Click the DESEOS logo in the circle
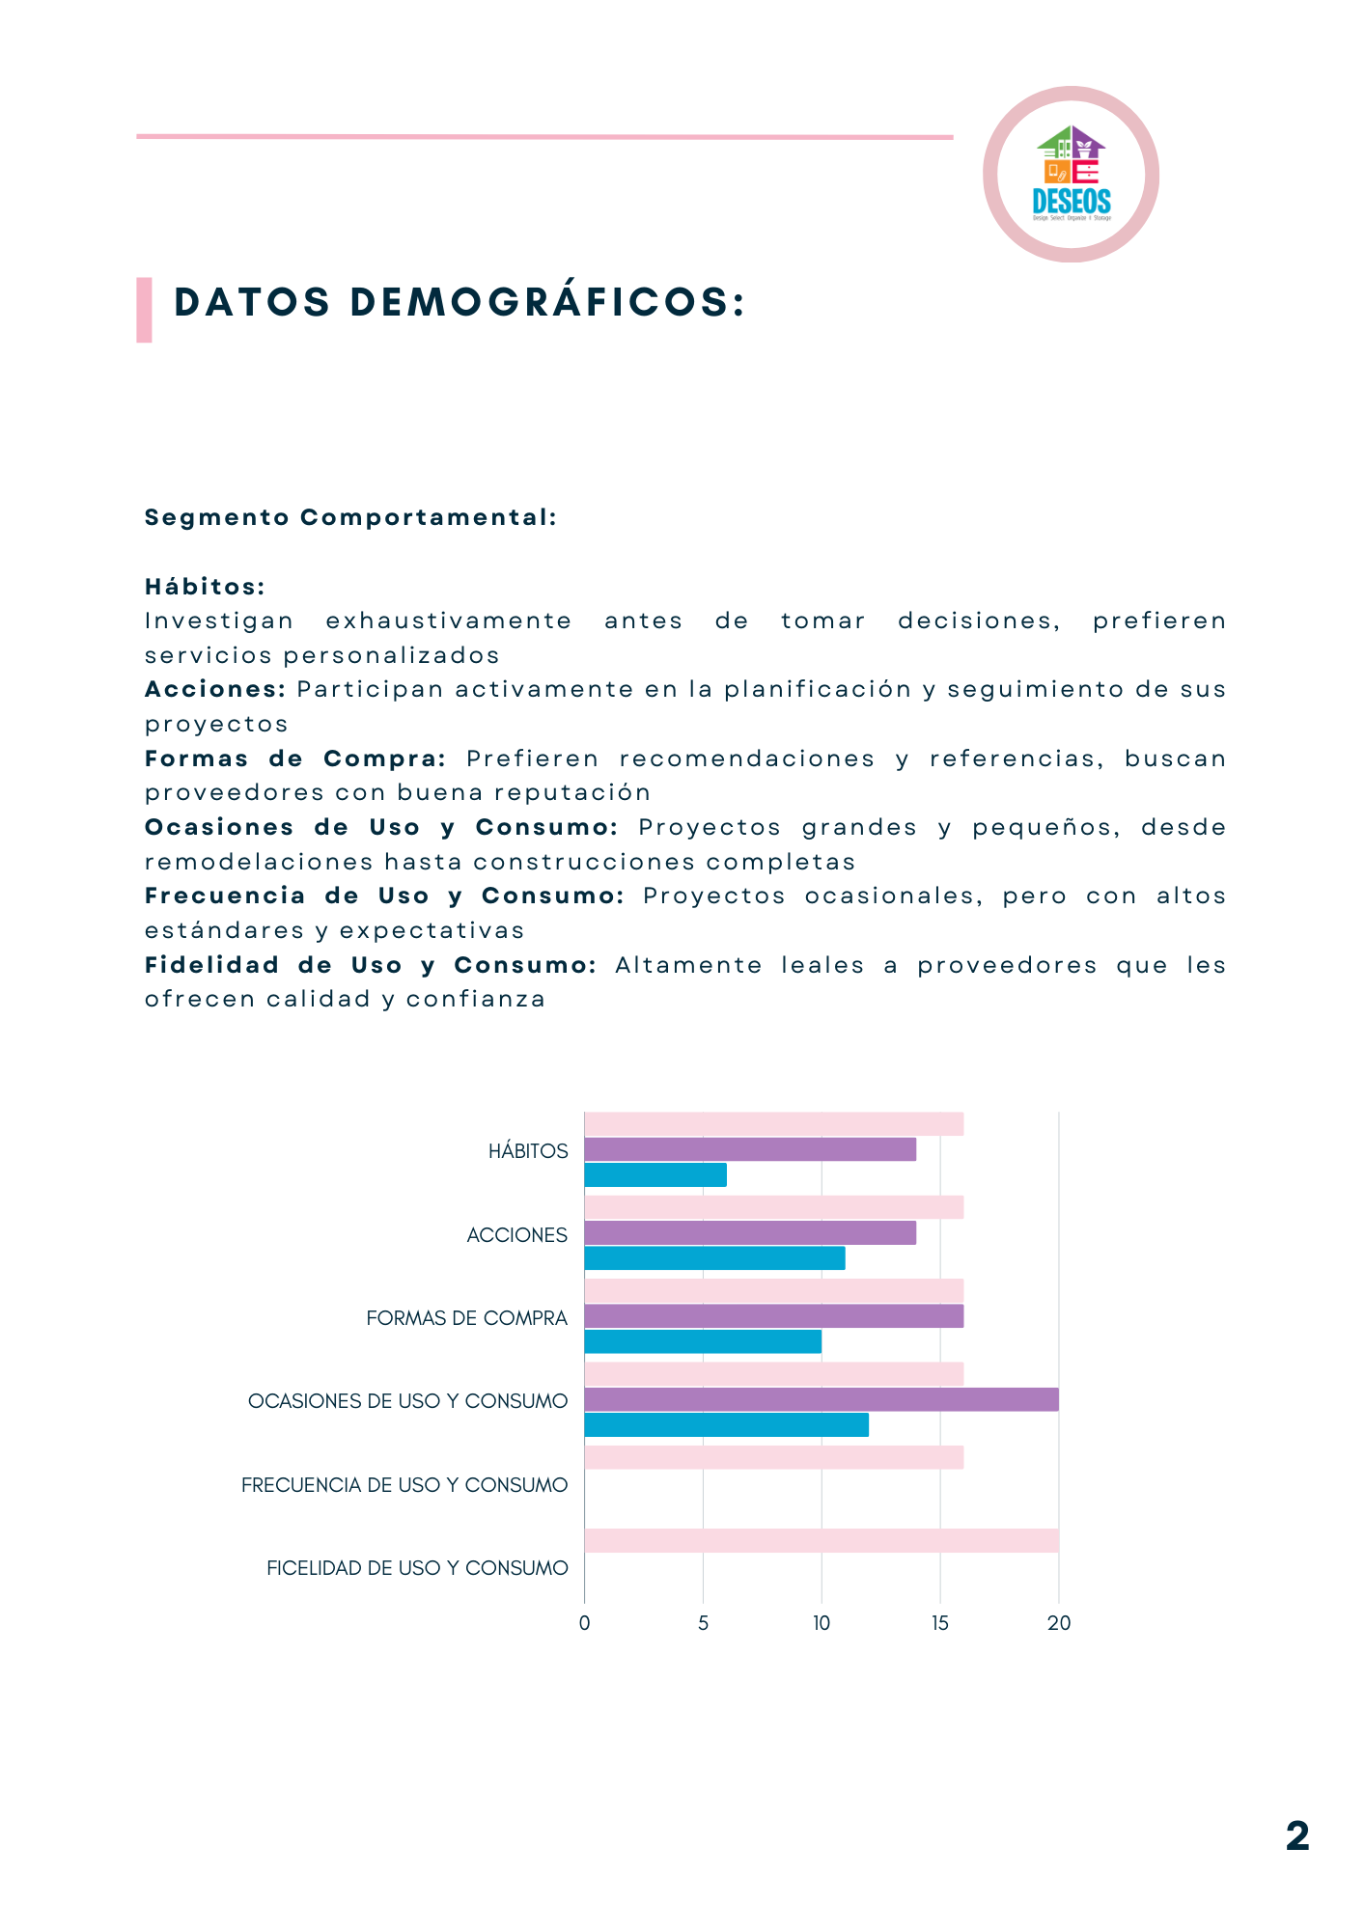(1071, 175)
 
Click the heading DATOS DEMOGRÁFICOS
(460, 302)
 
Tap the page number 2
(1297, 1835)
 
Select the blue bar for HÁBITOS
(655, 1174)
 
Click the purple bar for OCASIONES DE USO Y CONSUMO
(821, 1399)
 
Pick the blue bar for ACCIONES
(714, 1258)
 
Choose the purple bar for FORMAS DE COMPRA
(773, 1316)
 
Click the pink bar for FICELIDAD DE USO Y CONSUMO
(821, 1540)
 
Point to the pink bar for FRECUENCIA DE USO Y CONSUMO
(773, 1457)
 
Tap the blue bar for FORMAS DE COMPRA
(703, 1341)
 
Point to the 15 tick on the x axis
(940, 1623)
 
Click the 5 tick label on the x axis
(703, 1623)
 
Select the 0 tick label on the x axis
(584, 1623)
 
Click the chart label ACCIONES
(516, 1235)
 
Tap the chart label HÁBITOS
(528, 1151)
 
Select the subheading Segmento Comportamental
(350, 517)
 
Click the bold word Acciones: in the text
(215, 689)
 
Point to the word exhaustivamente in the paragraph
(449, 620)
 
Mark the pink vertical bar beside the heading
(144, 310)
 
